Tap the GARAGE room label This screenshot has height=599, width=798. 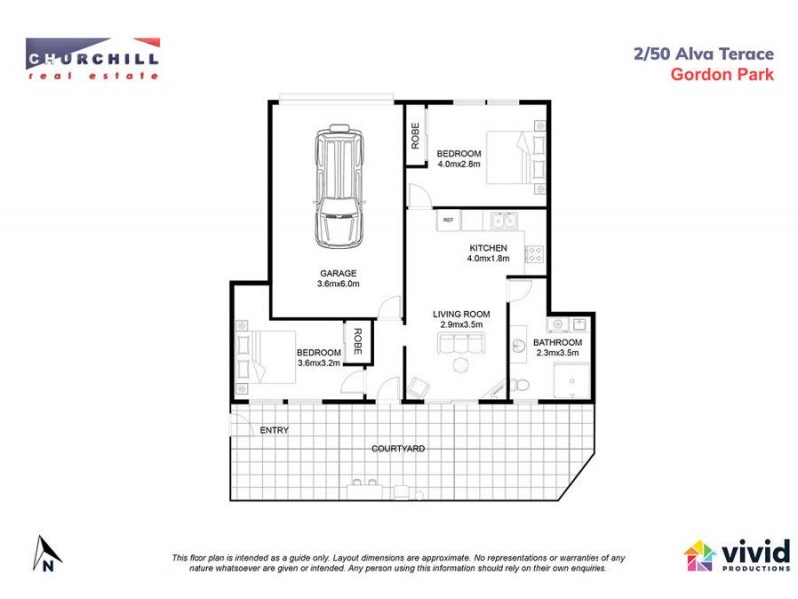(337, 272)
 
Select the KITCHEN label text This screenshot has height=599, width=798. (488, 248)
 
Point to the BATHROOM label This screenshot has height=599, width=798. (558, 342)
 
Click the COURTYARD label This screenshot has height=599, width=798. (398, 449)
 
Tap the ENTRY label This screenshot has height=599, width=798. (273, 430)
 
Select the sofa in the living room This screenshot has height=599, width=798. (458, 344)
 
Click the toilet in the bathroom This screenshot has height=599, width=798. (519, 384)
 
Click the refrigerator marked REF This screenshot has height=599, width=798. (448, 220)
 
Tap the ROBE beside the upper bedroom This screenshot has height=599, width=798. (414, 135)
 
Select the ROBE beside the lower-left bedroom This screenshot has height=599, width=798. (355, 342)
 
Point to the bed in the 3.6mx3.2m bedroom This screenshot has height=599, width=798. (261, 357)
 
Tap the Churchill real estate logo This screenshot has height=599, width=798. (92, 58)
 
